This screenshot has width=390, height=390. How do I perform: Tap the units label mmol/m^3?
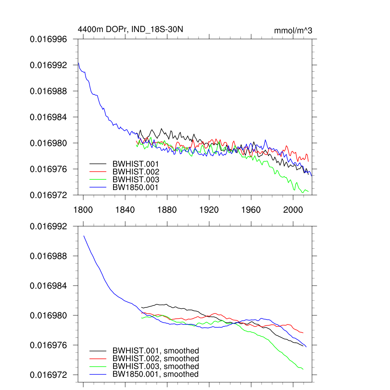[293, 31]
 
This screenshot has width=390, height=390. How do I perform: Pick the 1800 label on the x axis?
[83, 209]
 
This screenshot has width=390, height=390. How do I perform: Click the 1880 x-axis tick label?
[167, 209]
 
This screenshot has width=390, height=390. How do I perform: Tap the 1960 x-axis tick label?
[251, 209]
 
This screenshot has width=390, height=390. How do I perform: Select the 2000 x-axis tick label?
[293, 209]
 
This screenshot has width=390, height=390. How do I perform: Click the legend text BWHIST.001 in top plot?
[136, 164]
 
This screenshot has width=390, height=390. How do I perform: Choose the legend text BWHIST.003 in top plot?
[136, 179]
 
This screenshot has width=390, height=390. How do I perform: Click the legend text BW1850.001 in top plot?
[135, 187]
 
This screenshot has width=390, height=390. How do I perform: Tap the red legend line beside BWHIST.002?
[98, 172]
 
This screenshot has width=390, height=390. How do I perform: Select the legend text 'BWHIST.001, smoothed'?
[155, 351]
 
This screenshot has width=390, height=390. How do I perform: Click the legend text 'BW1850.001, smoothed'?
[155, 374]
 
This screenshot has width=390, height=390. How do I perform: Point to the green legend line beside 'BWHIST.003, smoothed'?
[98, 366]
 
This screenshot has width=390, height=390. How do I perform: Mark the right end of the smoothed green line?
[303, 369]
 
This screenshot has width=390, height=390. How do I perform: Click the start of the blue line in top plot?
[78, 62]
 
